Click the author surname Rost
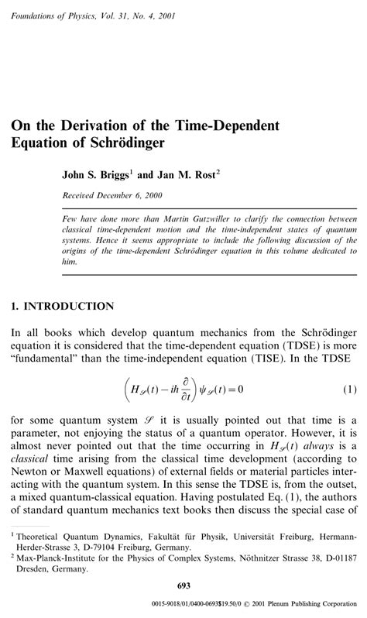coord(204,174)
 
